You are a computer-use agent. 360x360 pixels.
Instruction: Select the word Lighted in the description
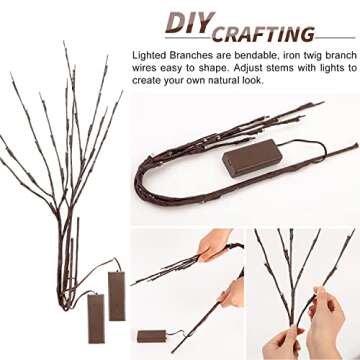(x=150, y=56)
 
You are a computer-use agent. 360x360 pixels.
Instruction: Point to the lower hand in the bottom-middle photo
(x=231, y=293)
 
